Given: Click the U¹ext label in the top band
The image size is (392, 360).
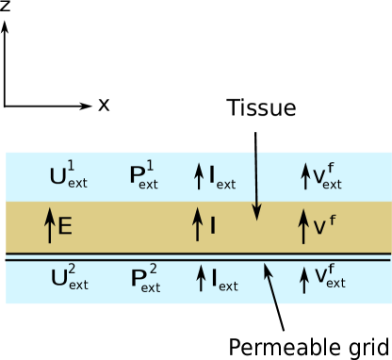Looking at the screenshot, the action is pyautogui.click(x=68, y=176).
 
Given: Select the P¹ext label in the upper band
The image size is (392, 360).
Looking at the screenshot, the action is pyautogui.click(x=143, y=176).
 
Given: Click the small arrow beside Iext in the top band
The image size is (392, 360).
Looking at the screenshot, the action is pyautogui.click(x=199, y=175).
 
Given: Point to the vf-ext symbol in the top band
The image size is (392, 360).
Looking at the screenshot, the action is pyautogui.click(x=327, y=175).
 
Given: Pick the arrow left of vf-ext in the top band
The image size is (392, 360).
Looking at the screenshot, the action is pyautogui.click(x=305, y=175).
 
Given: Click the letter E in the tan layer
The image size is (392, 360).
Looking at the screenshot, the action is pyautogui.click(x=65, y=226).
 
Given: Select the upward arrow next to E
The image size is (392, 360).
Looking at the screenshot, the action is pyautogui.click(x=49, y=226).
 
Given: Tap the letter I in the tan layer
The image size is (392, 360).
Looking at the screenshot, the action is pyautogui.click(x=213, y=226).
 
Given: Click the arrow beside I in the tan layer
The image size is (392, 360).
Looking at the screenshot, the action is pyautogui.click(x=198, y=225).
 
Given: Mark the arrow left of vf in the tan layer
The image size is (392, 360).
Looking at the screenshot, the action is pyautogui.click(x=303, y=226).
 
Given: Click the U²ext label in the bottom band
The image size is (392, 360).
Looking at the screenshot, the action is pyautogui.click(x=68, y=278).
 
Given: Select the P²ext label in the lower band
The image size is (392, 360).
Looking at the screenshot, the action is pyautogui.click(x=143, y=278).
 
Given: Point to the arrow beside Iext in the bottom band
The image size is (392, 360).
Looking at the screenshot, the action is pyautogui.click(x=200, y=278).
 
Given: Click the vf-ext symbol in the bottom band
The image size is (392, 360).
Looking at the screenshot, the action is pyautogui.click(x=327, y=277).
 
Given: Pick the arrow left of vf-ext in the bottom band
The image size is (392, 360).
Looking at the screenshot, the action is pyautogui.click(x=304, y=278).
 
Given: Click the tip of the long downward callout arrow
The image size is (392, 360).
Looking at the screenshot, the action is pyautogui.click(x=257, y=218).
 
